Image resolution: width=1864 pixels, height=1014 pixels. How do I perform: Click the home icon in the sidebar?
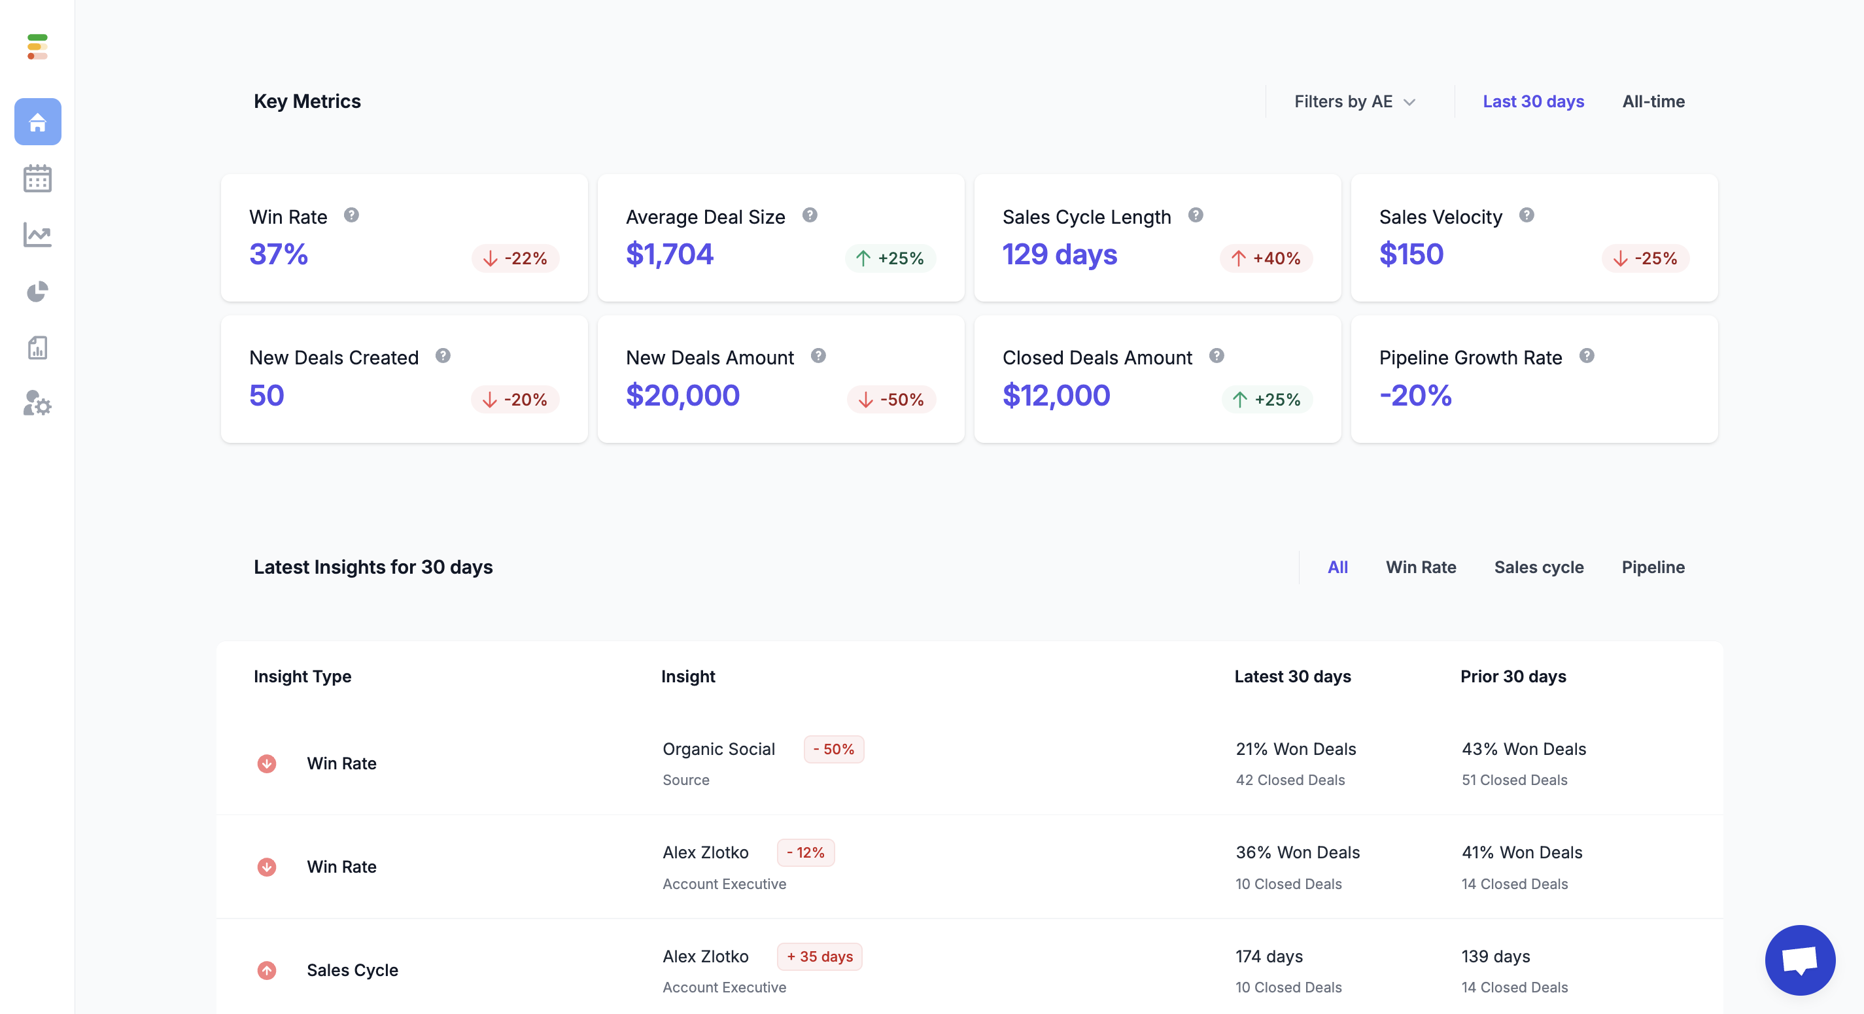point(38,122)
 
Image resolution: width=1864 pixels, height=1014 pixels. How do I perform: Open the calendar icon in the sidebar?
point(38,178)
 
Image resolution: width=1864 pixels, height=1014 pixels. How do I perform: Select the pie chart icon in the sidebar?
point(38,292)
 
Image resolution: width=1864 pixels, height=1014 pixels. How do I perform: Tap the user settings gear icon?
point(38,404)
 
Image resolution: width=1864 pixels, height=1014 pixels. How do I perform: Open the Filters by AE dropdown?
point(1354,101)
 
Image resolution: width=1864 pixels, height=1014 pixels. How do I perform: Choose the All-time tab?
point(1653,101)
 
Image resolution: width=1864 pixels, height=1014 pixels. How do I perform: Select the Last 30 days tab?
point(1532,101)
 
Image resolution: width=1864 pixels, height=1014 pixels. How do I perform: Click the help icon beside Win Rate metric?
point(351,215)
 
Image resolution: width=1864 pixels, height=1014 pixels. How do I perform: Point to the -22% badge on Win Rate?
point(515,258)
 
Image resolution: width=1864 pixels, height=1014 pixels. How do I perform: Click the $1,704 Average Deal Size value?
point(669,254)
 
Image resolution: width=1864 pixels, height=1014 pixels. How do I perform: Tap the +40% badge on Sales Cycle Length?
point(1266,258)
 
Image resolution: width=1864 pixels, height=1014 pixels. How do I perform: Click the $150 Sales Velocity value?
point(1411,254)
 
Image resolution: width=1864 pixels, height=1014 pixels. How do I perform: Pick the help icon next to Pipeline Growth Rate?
point(1586,356)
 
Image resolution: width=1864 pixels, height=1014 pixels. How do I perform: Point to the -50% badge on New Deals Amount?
point(891,400)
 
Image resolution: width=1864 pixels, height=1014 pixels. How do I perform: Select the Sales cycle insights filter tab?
point(1538,567)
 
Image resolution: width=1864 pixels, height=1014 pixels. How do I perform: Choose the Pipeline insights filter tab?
point(1653,567)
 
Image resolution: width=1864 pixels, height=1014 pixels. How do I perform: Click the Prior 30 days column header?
point(1512,676)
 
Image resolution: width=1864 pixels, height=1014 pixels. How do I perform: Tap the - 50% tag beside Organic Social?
point(834,749)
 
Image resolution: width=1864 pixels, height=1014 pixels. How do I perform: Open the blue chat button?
point(1800,960)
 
